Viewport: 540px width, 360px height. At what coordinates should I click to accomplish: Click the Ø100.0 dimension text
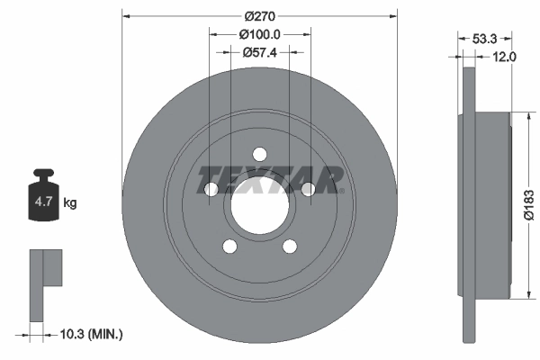pos(261,34)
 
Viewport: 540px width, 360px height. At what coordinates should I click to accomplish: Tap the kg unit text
pos(70,203)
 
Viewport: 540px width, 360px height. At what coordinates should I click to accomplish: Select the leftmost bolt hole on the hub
pos(212,189)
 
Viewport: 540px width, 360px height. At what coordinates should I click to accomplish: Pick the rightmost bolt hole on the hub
pos(307,189)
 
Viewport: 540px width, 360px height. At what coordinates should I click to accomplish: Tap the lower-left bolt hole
pos(229,246)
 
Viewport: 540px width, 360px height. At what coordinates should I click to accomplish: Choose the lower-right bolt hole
pos(290,246)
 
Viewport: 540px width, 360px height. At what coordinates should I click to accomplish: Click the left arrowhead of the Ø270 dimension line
pos(126,15)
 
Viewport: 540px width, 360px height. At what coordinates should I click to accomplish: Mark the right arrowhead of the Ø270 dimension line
pos(392,15)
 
